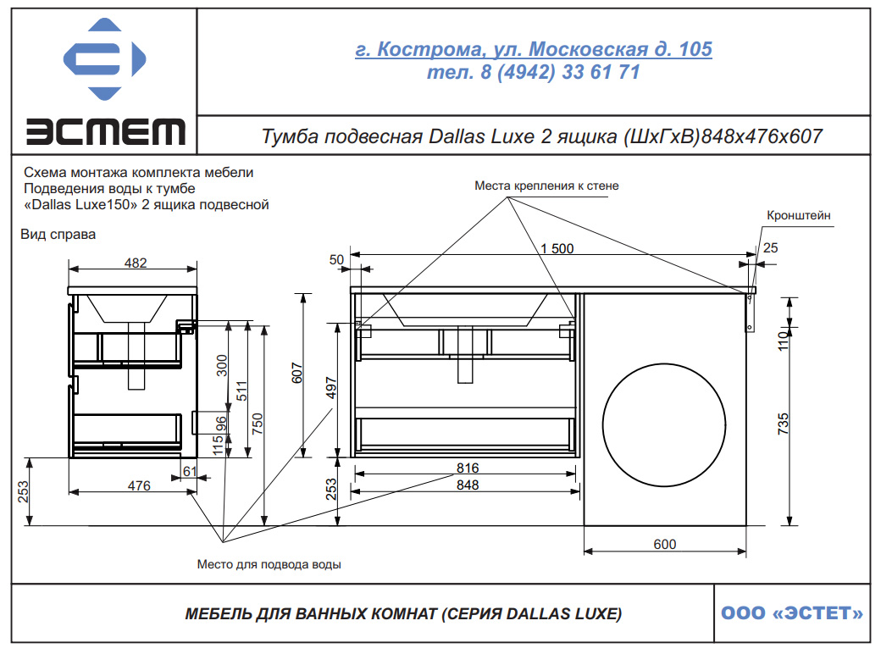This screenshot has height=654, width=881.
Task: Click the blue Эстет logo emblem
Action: point(104,59)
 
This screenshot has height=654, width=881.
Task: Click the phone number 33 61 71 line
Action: point(533,72)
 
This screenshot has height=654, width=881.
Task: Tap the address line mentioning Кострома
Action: point(533,49)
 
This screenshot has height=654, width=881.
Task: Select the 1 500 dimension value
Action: point(557,248)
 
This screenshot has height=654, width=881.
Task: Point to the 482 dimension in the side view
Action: point(136,263)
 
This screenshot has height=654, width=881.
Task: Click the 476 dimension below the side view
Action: point(139,485)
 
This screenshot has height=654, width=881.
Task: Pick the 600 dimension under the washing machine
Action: point(665,544)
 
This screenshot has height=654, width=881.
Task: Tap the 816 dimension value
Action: point(468,468)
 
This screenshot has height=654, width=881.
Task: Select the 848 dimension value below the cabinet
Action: point(468,485)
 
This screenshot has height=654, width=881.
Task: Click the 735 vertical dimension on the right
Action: point(784,424)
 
